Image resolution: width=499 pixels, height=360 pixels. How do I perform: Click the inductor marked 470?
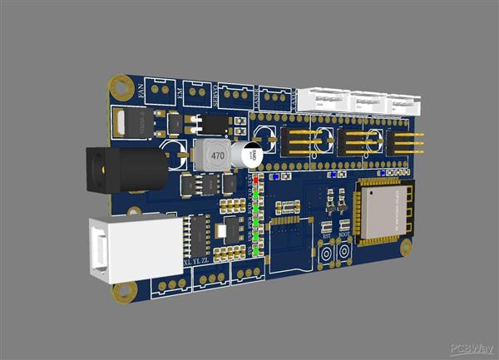pos(215,155)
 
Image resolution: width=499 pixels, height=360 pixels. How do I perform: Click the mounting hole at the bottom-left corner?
pos(125,291)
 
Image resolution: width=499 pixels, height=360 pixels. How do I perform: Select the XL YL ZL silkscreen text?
pos(197,263)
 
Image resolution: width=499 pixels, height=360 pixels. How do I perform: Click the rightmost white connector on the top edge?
pos(400,105)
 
